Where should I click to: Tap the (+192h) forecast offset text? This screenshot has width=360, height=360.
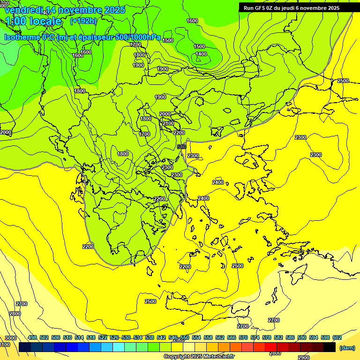click(x=83, y=21)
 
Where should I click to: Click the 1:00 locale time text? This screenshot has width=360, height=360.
click(x=33, y=21)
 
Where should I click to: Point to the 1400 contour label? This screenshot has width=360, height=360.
click(x=201, y=54)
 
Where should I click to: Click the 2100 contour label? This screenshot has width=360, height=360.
click(x=168, y=123)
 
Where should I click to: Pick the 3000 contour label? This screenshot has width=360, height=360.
click(x=10, y=338)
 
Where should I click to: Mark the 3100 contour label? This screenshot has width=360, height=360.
click(x=4, y=345)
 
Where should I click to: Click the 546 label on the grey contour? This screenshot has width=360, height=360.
click(x=182, y=147)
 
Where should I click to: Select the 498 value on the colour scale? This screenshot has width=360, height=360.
click(x=32, y=337)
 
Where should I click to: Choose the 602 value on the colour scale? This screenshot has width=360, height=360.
click(x=337, y=337)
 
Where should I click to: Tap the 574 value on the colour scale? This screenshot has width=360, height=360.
click(x=255, y=337)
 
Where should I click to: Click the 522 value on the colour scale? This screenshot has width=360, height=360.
click(x=103, y=337)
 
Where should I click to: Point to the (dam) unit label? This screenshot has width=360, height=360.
click(x=347, y=348)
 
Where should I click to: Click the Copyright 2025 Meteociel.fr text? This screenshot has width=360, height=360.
click(x=199, y=357)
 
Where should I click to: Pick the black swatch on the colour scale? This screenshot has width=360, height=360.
click(x=330, y=347)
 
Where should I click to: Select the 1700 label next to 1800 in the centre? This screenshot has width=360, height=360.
click(x=144, y=134)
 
